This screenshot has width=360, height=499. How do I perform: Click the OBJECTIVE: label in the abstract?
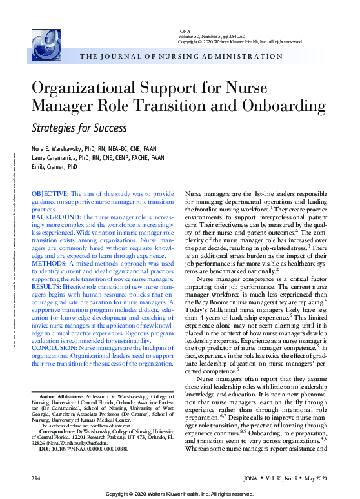[50, 193]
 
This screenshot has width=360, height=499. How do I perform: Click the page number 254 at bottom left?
[37, 478]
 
